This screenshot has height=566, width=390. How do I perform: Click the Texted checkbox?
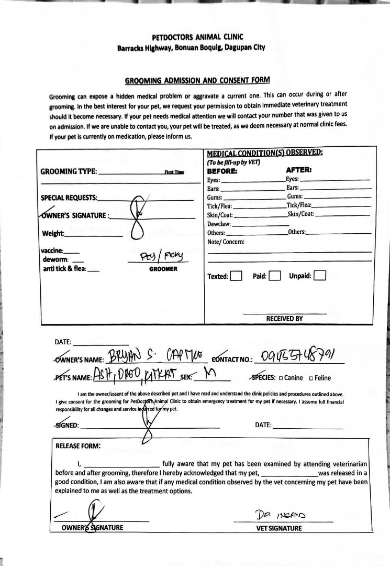click(236, 276)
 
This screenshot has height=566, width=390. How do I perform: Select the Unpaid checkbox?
click(320, 276)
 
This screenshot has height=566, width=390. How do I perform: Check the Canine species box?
click(281, 378)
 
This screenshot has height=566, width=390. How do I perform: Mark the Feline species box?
click(311, 378)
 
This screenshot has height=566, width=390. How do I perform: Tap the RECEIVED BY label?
click(284, 319)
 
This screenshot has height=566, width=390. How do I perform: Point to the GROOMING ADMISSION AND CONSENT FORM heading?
click(197, 81)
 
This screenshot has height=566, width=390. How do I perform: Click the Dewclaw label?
click(219, 224)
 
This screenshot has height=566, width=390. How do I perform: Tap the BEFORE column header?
click(222, 171)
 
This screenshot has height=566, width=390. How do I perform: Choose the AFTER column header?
click(299, 170)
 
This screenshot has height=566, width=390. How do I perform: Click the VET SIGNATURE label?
click(279, 528)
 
